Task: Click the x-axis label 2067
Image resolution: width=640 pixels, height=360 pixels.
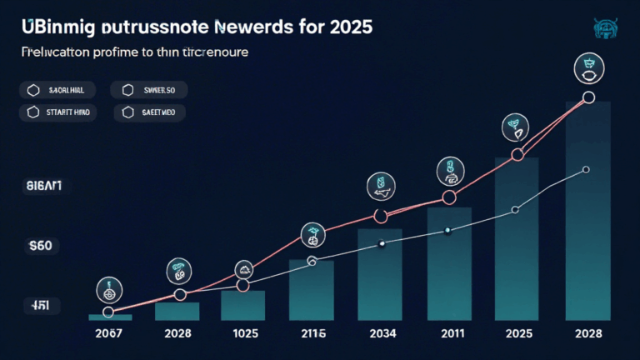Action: (x=108, y=334)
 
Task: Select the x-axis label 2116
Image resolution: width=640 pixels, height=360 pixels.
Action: (x=312, y=334)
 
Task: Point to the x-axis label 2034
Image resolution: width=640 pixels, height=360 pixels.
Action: (x=382, y=334)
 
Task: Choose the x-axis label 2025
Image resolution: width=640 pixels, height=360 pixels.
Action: (x=517, y=334)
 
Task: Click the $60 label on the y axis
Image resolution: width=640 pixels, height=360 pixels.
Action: (x=40, y=246)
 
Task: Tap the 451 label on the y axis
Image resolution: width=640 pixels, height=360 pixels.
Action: (x=40, y=306)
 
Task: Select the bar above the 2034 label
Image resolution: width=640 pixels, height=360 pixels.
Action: (x=382, y=275)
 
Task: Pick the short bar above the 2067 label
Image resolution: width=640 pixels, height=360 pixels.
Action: (x=108, y=317)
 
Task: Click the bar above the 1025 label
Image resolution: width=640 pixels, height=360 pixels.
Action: (x=242, y=305)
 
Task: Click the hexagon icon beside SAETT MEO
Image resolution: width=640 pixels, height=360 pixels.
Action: (x=127, y=112)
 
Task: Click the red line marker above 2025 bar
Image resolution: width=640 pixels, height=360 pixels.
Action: (x=517, y=155)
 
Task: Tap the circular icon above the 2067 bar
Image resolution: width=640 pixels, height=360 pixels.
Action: (x=108, y=289)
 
